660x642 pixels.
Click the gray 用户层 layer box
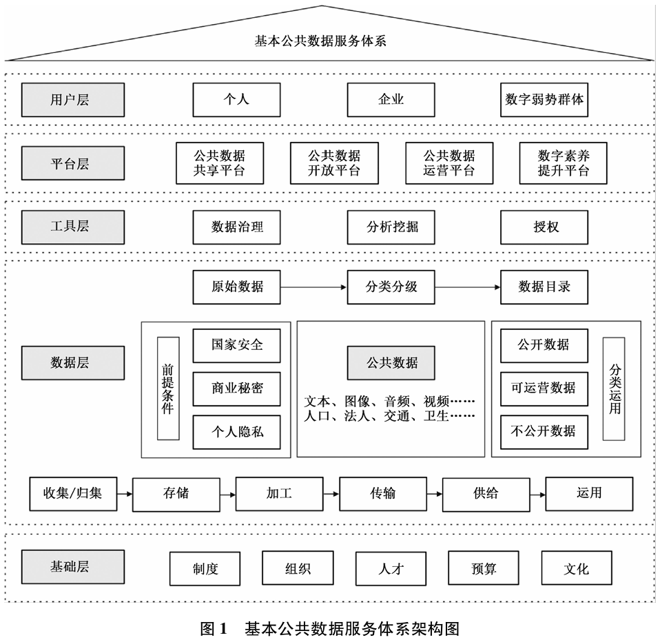(x=73, y=100)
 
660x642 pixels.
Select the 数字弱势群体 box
(x=544, y=100)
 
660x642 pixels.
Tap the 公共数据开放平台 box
(x=334, y=163)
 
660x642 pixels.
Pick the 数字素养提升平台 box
(x=563, y=163)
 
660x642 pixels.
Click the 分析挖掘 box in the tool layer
(x=391, y=227)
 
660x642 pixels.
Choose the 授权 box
(x=544, y=227)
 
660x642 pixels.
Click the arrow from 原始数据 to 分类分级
(x=313, y=287)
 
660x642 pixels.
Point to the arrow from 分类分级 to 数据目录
(x=468, y=287)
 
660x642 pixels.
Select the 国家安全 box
(x=236, y=346)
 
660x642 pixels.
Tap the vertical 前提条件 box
(x=168, y=388)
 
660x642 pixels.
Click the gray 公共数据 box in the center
(x=391, y=363)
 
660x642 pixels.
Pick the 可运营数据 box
(x=544, y=389)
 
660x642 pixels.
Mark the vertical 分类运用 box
(x=614, y=389)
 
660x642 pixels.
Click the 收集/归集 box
(x=73, y=494)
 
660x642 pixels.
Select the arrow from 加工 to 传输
(x=331, y=494)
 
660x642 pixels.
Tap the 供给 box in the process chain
(x=486, y=494)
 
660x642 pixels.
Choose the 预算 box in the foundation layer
(x=483, y=568)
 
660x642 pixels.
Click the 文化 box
(x=577, y=568)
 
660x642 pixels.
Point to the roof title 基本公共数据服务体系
(x=320, y=41)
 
